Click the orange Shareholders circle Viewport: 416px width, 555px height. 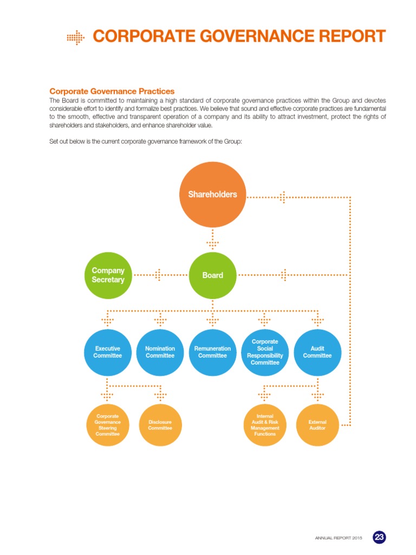[212, 194]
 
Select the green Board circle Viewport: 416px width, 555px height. [212, 275]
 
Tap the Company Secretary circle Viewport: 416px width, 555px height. [108, 275]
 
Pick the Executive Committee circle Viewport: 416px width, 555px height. [107, 352]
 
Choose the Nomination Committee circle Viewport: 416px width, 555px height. [160, 352]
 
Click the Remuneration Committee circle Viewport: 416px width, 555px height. [212, 352]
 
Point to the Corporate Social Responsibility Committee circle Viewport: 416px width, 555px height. [265, 352]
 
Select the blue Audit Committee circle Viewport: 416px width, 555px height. [317, 352]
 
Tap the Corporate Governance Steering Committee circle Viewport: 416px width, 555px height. [107, 425]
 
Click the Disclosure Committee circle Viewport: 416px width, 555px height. [160, 425]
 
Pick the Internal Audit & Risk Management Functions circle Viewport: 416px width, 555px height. [265, 425]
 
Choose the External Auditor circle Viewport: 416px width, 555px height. [317, 425]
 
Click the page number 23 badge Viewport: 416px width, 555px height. [379, 537]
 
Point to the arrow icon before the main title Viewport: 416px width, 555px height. [76, 37]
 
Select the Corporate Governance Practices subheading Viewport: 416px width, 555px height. [112, 91]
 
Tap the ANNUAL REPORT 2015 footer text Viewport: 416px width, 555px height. [338, 538]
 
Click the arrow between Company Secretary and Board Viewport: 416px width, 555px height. [159, 275]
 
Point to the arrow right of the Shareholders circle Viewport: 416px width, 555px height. [282, 197]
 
